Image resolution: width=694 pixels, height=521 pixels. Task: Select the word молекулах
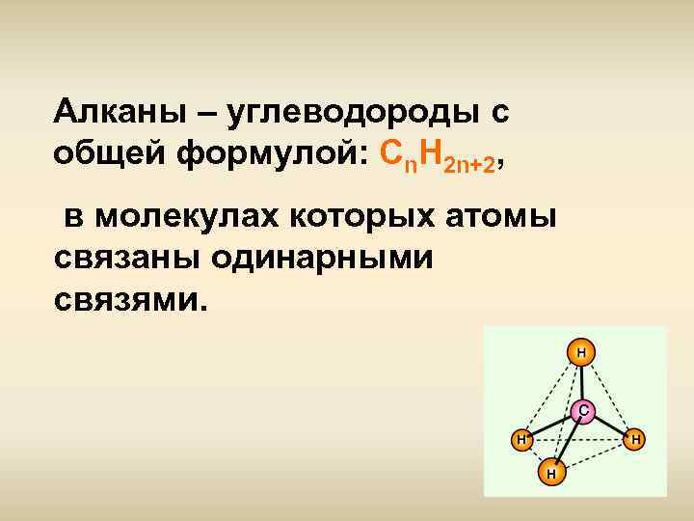(192, 218)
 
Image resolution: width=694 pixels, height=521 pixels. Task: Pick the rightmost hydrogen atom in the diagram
(635, 440)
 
